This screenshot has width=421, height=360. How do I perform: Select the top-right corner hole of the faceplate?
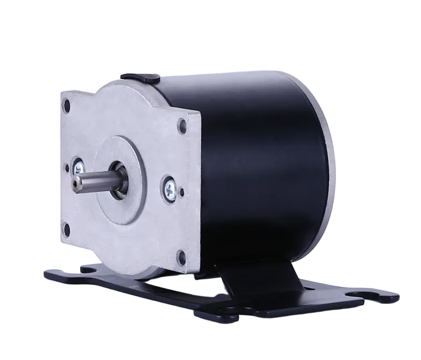(x=181, y=125)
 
